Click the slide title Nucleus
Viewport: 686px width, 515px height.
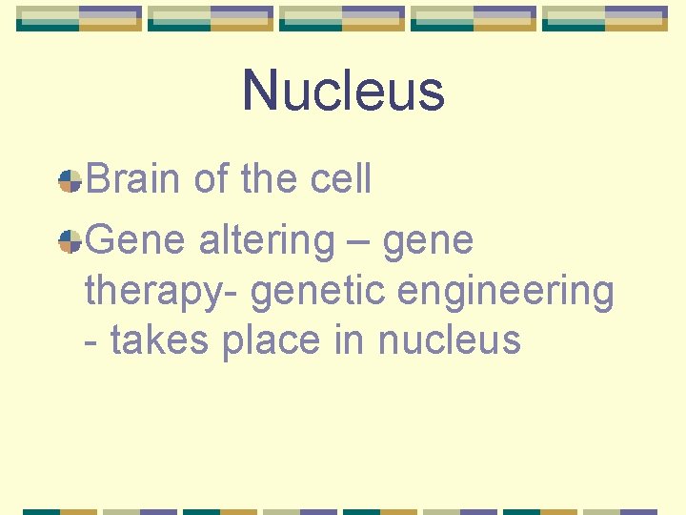point(343,91)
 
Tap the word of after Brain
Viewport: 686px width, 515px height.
point(212,179)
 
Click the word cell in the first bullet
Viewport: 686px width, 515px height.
point(341,179)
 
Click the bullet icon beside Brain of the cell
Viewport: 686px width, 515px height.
point(69,181)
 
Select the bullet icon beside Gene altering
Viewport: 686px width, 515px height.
point(69,242)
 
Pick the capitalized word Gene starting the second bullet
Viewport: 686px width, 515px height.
point(136,240)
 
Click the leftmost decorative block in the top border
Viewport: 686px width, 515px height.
point(78,18)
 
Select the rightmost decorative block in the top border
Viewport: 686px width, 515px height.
point(604,18)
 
